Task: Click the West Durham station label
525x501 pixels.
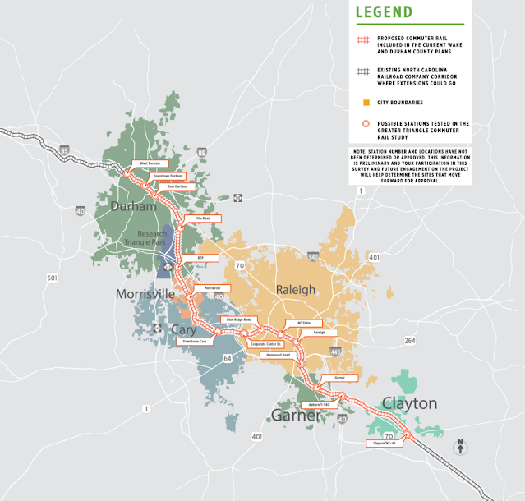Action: click(150, 163)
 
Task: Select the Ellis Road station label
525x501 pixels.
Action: click(203, 218)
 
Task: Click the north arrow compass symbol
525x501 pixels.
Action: click(460, 446)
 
